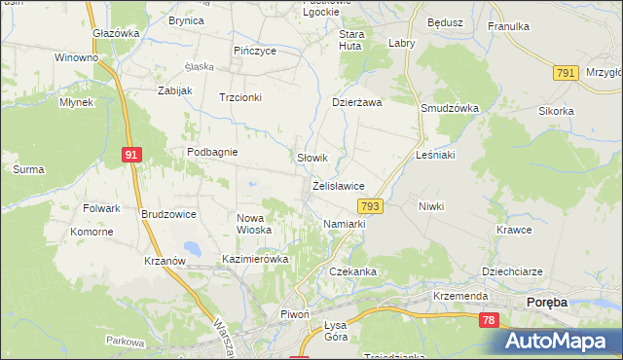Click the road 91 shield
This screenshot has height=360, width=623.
coord(131,153)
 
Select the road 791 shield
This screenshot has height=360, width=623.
coord(564,73)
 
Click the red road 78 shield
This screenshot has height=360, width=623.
coord(488,321)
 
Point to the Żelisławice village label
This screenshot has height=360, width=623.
coord(339,185)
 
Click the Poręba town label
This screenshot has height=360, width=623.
coord(546,303)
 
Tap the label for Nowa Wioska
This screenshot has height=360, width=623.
coord(254,224)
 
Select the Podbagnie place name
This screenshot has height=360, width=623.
coord(213,152)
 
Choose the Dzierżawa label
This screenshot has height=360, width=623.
coord(357,101)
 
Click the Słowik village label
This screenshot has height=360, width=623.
coord(311,157)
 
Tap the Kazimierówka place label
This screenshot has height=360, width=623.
coord(256,260)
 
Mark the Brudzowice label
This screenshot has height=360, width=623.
coord(168,214)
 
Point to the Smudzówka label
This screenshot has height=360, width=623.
coord(447,109)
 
